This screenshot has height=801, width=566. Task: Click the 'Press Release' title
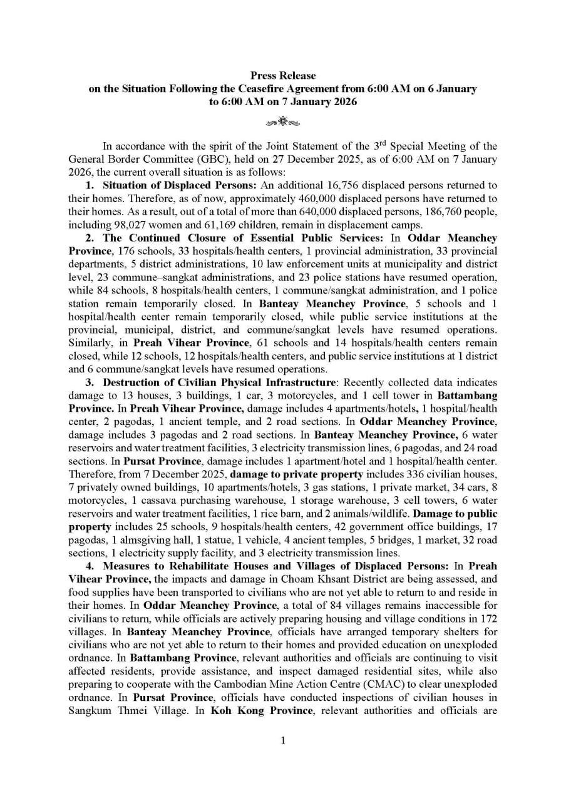click(x=283, y=76)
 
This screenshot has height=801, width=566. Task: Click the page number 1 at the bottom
click(x=283, y=741)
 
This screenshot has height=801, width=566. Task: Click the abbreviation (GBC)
click(x=203, y=159)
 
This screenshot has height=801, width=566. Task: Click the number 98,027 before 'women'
click(x=157, y=225)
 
